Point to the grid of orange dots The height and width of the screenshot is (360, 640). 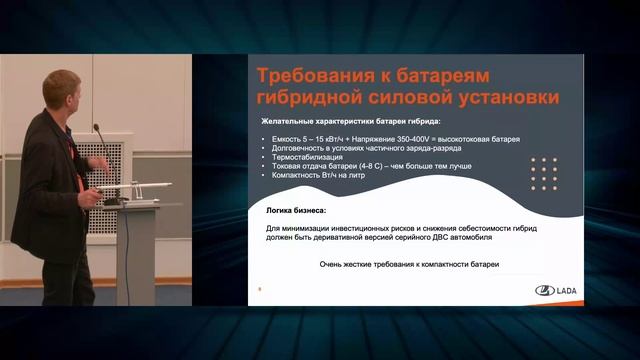(544, 173)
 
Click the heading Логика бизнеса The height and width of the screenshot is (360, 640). (300, 211)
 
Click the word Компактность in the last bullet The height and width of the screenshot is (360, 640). (296, 175)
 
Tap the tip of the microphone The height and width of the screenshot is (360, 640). (96, 127)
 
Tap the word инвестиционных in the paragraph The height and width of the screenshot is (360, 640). (369, 229)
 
